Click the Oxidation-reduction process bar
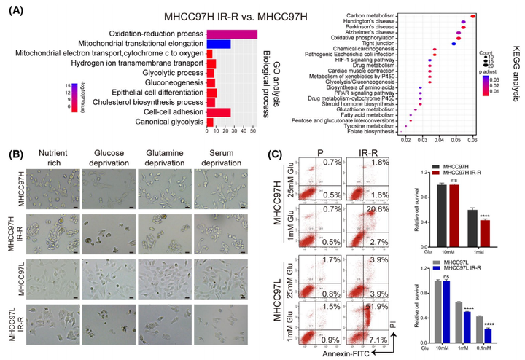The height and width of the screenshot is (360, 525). pyautogui.click(x=232, y=34)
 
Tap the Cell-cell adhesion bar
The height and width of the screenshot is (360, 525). pyautogui.click(x=219, y=112)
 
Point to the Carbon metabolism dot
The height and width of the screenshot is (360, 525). pyautogui.click(x=473, y=15)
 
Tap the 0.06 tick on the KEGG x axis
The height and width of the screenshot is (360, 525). pyautogui.click(x=472, y=139)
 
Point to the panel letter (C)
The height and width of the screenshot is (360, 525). pyautogui.click(x=275, y=154)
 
